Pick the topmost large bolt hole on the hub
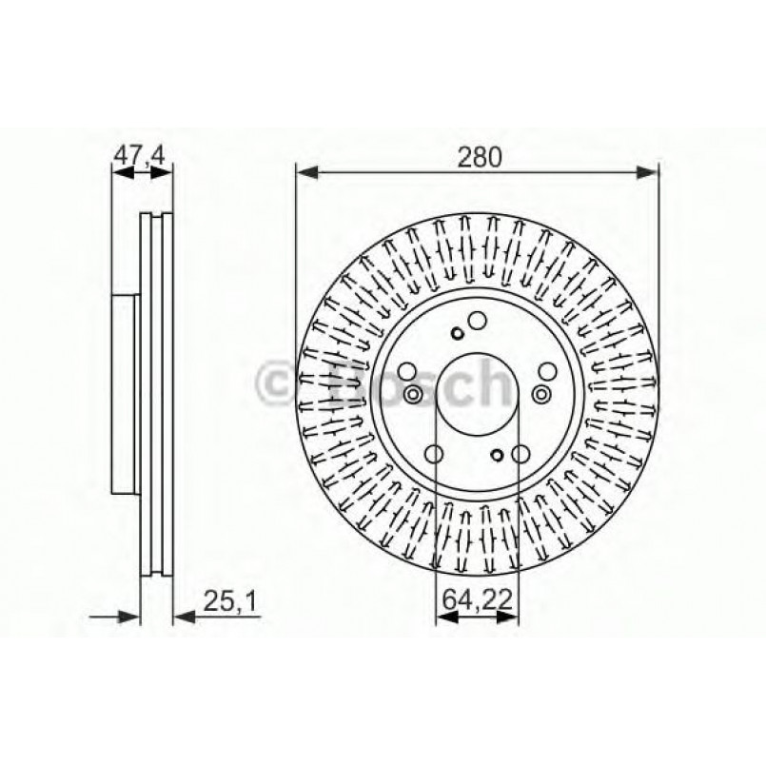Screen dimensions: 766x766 coord(478,322)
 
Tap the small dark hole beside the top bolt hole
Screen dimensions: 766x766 coord(459,332)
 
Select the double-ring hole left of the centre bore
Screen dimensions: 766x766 coord(414,395)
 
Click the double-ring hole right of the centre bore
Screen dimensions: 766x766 coord(541,394)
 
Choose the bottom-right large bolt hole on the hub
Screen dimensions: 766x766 coord(520,455)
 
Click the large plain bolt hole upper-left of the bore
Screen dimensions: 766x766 coord(407,372)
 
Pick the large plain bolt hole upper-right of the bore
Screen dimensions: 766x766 coord(547,372)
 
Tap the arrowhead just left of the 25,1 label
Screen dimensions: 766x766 coord(183,617)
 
